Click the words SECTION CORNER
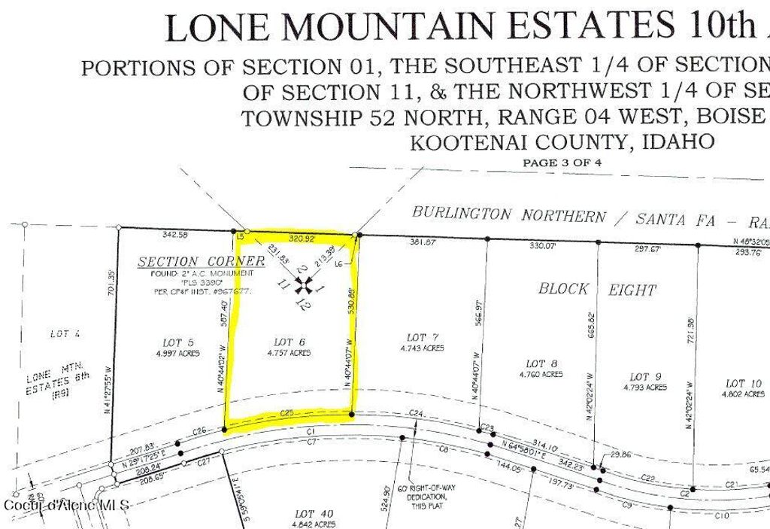(x=201, y=261)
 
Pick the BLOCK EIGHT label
(x=597, y=288)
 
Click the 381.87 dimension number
(x=422, y=242)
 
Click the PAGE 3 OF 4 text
(x=562, y=162)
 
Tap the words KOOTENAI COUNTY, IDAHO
(x=561, y=141)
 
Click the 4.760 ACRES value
(x=541, y=374)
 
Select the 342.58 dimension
(x=174, y=236)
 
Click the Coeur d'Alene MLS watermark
(x=67, y=503)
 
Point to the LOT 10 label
(x=744, y=384)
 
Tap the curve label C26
(x=199, y=431)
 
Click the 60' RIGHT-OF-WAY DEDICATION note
(x=426, y=497)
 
